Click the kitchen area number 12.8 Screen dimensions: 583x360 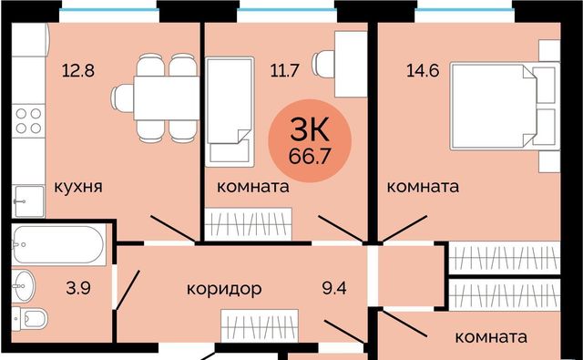(78, 70)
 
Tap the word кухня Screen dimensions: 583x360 (78, 187)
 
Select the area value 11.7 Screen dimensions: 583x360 (285, 70)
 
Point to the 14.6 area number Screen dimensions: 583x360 (423, 70)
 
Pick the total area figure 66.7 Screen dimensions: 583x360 (310, 157)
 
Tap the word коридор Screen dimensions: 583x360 (224, 289)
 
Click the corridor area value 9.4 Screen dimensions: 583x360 (334, 288)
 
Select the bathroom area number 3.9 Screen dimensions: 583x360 (78, 288)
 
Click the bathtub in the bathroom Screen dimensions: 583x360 (58, 245)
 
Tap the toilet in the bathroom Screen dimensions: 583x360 (30, 319)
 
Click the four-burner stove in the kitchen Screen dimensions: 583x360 (28, 121)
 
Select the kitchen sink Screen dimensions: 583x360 (28, 201)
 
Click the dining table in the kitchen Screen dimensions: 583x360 (167, 98)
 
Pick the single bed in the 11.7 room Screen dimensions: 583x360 (230, 111)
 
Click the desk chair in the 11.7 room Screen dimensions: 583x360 (322, 64)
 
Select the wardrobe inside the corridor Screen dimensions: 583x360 (260, 325)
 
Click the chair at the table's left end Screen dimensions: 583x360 (122, 98)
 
